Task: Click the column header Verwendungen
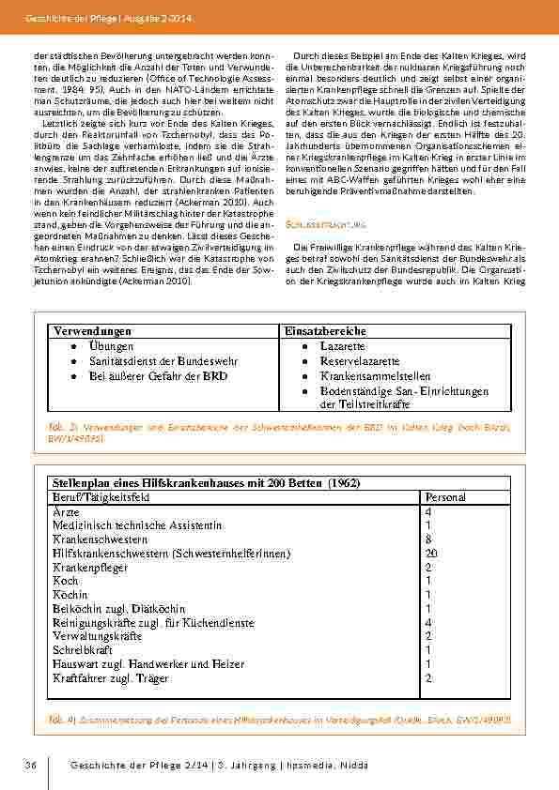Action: [x=91, y=333]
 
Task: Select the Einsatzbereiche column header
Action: [x=325, y=333]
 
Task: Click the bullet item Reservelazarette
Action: [x=360, y=361]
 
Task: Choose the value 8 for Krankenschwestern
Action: [x=428, y=539]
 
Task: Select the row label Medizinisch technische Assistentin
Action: [x=137, y=525]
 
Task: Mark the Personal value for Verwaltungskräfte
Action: [x=428, y=635]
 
